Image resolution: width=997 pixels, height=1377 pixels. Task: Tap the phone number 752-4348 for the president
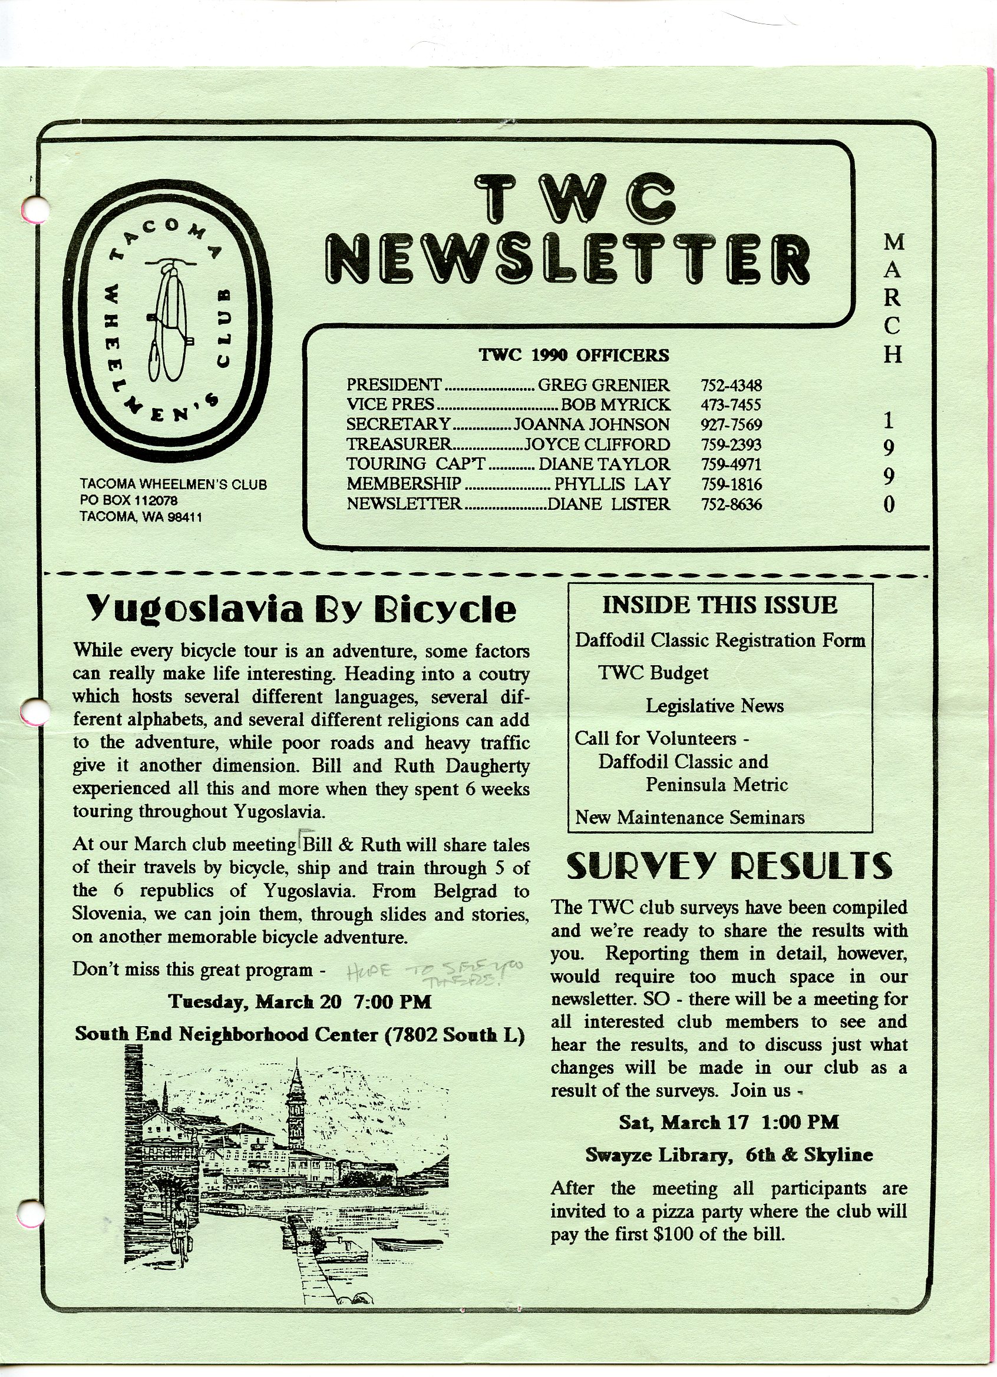tap(731, 386)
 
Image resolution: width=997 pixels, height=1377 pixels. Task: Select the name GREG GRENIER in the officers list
tap(603, 386)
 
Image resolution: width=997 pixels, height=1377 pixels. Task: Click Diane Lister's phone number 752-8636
tap(731, 505)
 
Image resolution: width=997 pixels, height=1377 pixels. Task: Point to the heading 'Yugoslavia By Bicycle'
tap(301, 609)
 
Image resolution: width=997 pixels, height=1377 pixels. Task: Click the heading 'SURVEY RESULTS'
tap(728, 867)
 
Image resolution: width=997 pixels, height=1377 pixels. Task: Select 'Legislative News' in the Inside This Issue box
tap(714, 705)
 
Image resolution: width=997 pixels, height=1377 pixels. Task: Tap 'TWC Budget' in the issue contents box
tap(653, 673)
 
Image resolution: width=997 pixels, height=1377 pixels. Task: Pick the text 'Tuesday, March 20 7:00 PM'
tap(300, 1002)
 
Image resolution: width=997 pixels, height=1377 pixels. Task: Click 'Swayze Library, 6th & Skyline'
tap(728, 1155)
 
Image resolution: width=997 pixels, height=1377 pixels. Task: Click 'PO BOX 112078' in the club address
tap(129, 501)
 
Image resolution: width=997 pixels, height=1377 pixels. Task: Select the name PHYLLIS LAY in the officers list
tap(612, 485)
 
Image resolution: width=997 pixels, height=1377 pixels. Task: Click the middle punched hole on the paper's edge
tap(34, 711)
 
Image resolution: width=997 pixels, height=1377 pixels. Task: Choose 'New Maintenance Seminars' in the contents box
tap(689, 818)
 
